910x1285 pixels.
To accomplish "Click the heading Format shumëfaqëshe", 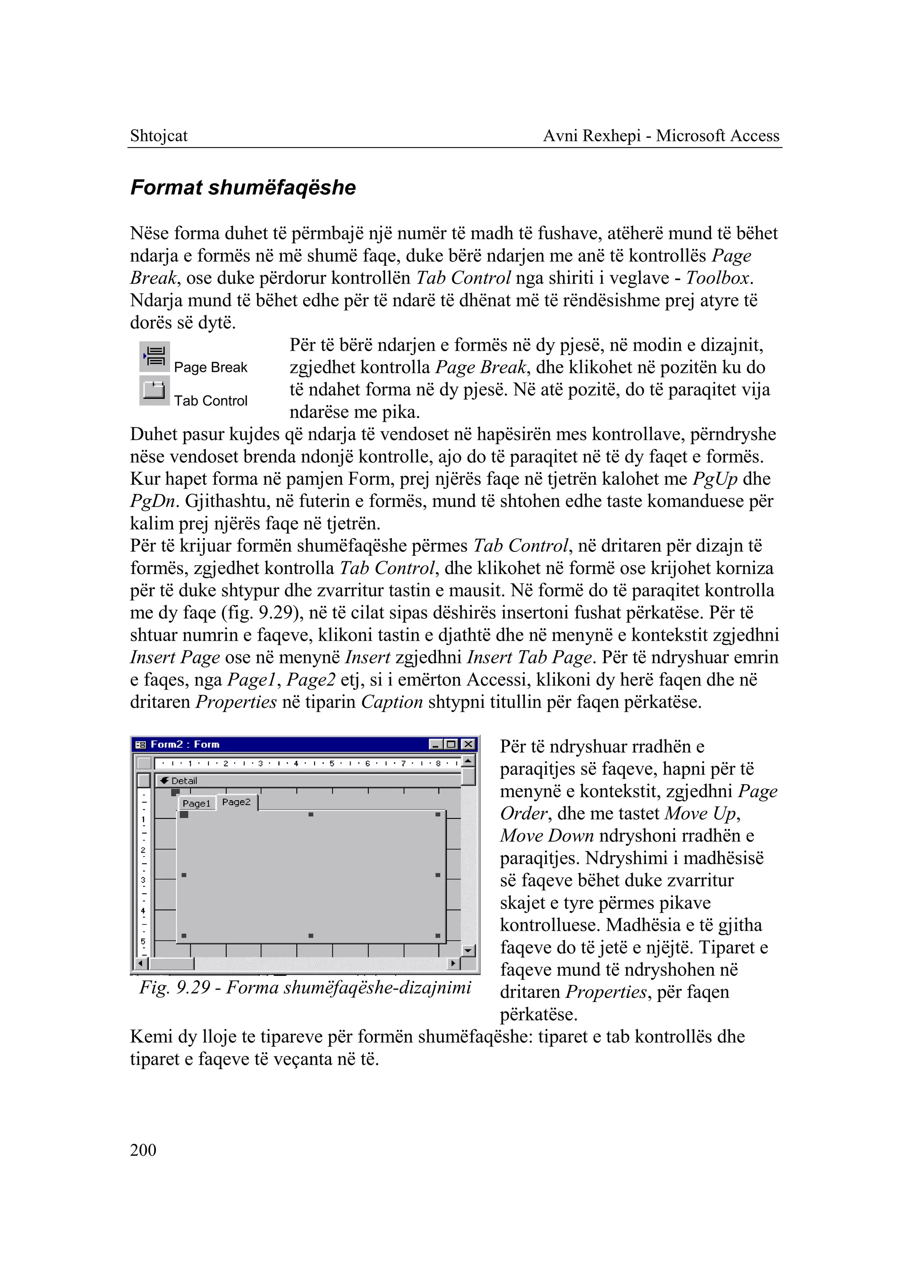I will [243, 187].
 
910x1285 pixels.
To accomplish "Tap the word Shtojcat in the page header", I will [159, 136].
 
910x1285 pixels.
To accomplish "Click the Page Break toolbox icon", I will [154, 356].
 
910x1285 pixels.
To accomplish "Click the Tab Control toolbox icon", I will [154, 390].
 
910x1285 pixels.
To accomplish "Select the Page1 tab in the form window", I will [196, 803].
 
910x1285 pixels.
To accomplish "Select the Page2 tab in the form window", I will [236, 802].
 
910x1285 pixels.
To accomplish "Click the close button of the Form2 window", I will [468, 744].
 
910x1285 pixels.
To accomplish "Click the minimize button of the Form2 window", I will [435, 744].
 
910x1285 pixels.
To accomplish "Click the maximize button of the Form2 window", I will [451, 744].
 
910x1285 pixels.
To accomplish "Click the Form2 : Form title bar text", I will [185, 744].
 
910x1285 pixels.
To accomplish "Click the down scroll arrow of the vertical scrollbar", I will [468, 950].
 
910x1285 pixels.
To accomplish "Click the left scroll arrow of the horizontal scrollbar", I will [141, 963].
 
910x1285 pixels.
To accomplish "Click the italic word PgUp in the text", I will [715, 479].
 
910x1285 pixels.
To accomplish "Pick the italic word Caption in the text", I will [391, 702].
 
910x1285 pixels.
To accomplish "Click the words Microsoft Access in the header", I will [718, 136].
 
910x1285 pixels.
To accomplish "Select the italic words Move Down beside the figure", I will [547, 835].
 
